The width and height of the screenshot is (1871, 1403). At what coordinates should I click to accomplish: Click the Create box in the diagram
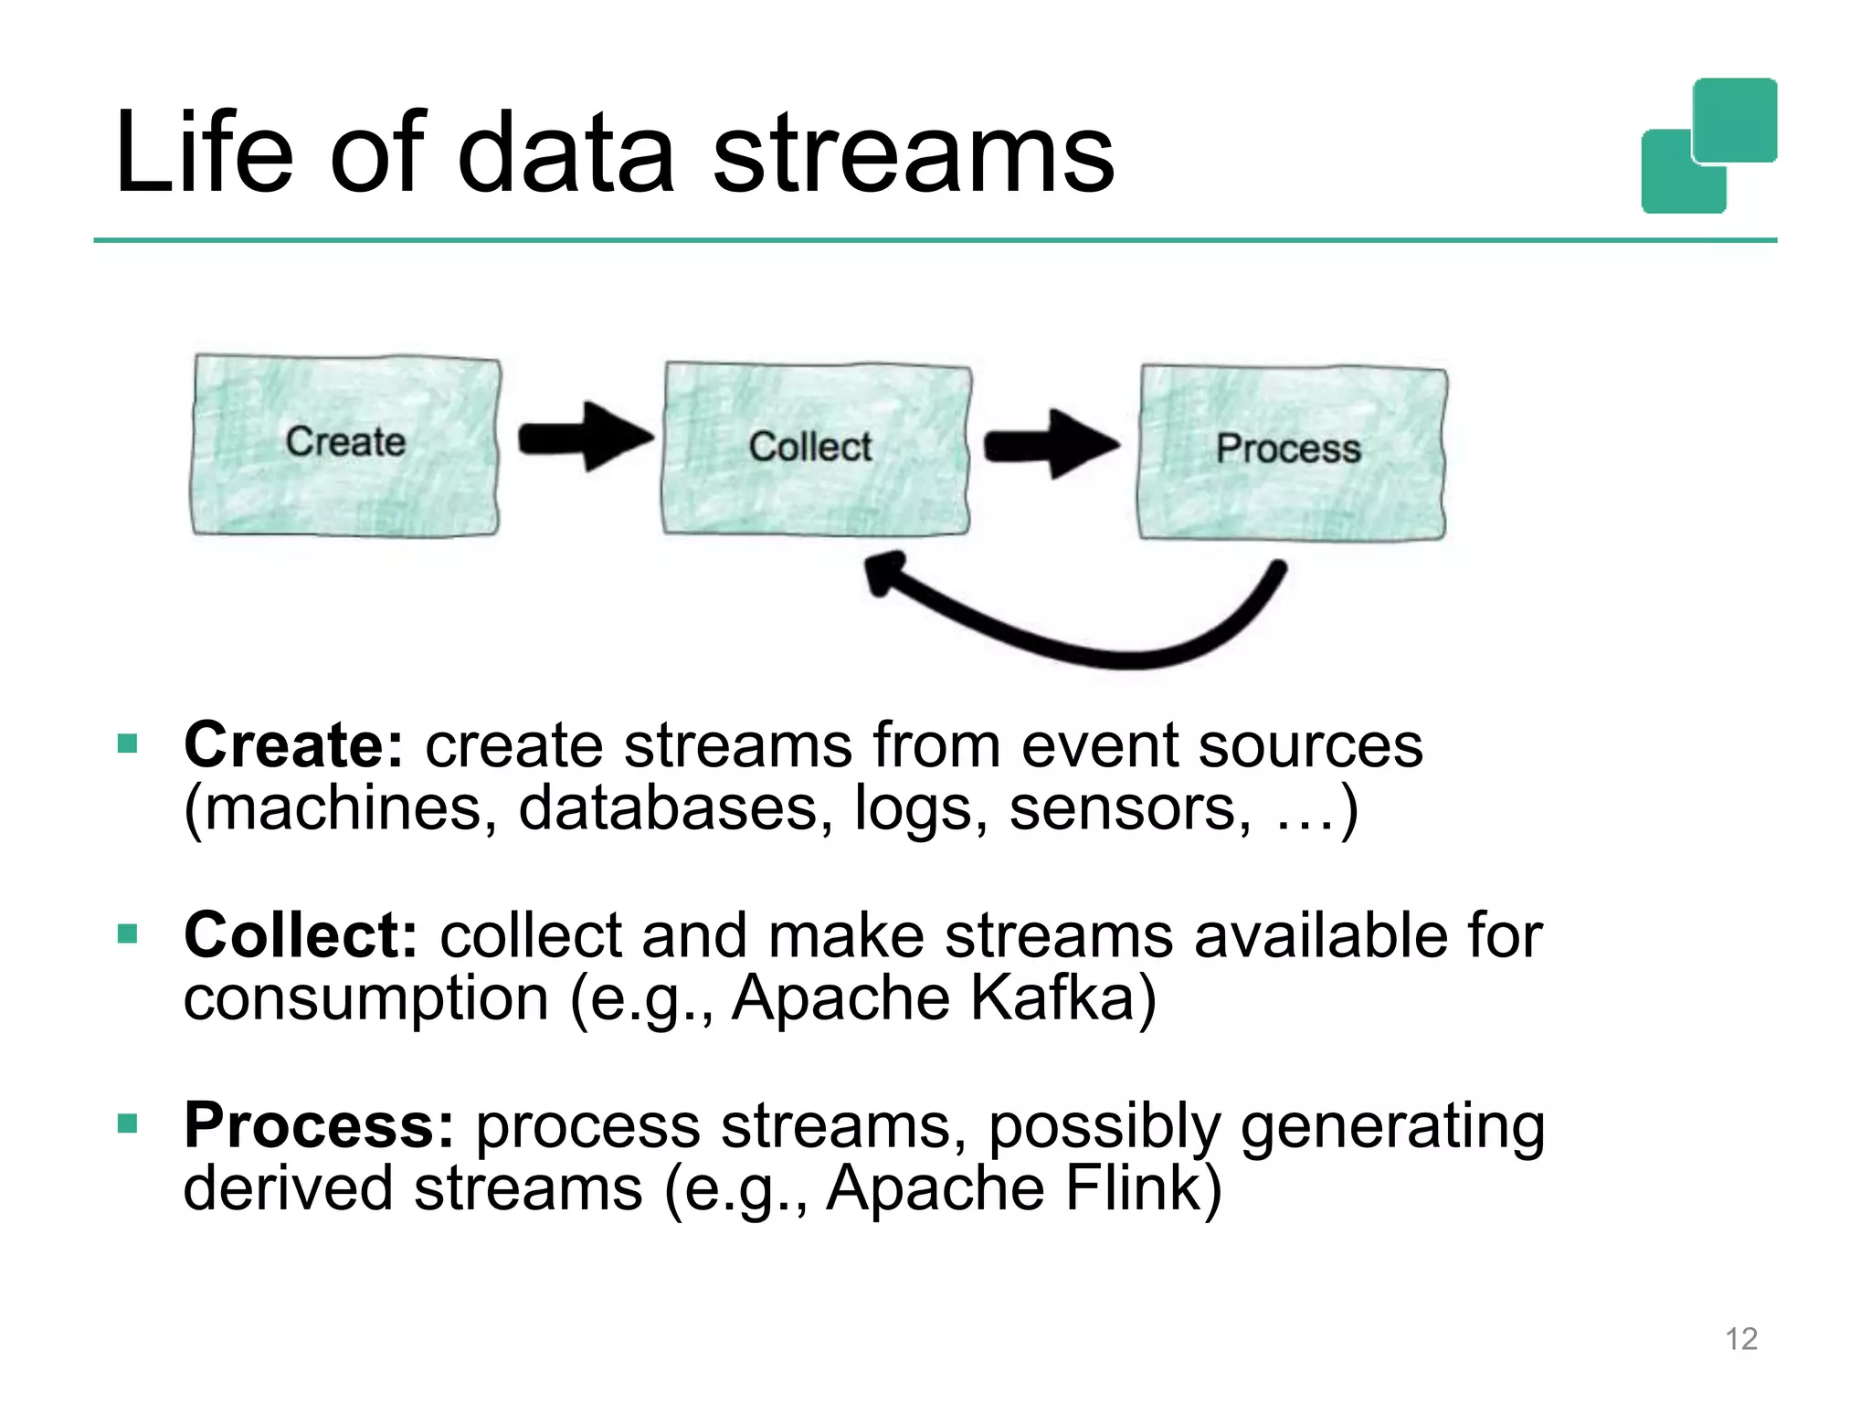click(x=345, y=445)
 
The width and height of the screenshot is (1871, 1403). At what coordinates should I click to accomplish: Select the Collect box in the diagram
click(x=815, y=448)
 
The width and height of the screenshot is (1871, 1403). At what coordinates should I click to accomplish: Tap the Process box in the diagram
click(x=1290, y=451)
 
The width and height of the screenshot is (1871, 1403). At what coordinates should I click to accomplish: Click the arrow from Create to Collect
click(x=586, y=438)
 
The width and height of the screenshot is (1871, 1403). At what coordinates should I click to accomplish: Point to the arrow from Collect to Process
click(x=1051, y=445)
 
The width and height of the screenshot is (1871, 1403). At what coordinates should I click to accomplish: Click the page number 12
click(x=1740, y=1339)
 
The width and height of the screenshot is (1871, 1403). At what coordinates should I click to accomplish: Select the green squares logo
click(x=1708, y=146)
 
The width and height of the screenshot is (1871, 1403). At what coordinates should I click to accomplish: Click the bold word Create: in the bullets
click(x=293, y=745)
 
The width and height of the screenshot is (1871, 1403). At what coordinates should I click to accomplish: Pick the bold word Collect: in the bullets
click(x=301, y=935)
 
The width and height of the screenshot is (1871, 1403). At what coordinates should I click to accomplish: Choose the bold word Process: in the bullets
click(x=319, y=1125)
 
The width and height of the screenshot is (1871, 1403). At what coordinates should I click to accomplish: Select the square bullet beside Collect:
click(x=128, y=934)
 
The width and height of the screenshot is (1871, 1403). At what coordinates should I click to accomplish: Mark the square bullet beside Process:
click(x=128, y=1123)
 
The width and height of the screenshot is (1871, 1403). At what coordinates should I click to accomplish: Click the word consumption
click(x=365, y=998)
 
